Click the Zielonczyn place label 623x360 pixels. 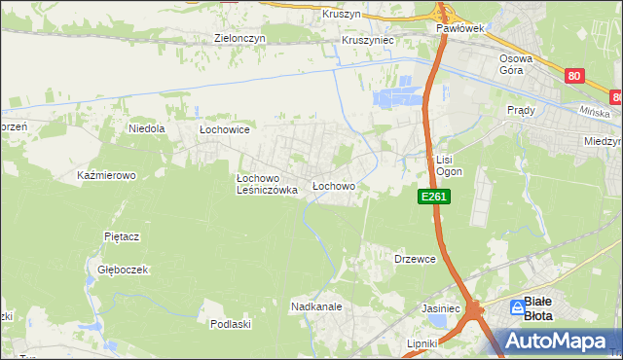click(240, 40)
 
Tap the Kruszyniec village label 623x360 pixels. click(367, 41)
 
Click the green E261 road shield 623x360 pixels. click(434, 197)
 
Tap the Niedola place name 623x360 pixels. click(147, 127)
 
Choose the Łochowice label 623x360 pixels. click(225, 129)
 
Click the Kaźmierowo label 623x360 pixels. click(106, 176)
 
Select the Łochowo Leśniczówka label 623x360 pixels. click(267, 185)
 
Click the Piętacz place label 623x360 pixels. click(123, 236)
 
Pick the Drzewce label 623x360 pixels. click(414, 259)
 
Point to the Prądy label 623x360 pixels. click(521, 110)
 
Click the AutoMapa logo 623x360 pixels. click(557, 340)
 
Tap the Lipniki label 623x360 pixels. click(424, 343)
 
